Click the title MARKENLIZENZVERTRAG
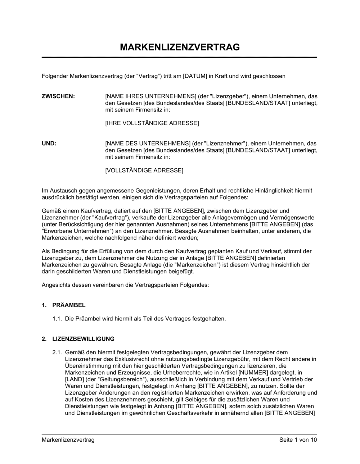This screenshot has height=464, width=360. [x=180, y=47]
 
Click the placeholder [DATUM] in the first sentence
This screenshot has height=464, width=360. [x=195, y=76]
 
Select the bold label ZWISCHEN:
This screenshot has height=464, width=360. [x=58, y=96]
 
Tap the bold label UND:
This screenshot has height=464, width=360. [x=49, y=143]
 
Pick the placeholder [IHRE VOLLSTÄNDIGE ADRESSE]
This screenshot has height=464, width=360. [x=152, y=123]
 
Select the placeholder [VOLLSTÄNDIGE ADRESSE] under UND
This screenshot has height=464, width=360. [x=144, y=170]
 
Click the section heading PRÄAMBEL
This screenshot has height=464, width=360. [x=69, y=305]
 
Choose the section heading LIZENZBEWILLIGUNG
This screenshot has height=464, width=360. [x=83, y=339]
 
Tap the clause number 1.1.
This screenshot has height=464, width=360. [x=57, y=319]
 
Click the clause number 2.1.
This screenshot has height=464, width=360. [x=57, y=352]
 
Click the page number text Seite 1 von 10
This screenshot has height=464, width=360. [x=298, y=440]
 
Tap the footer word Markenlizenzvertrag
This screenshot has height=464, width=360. [x=68, y=440]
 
